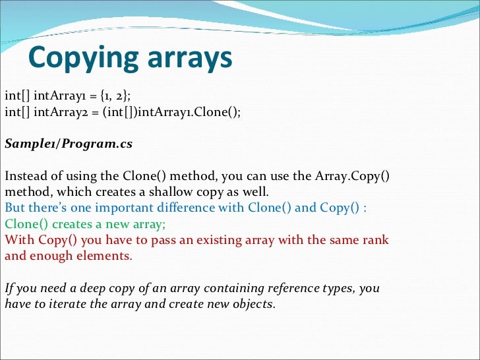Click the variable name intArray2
57,111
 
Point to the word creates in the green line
75,224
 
